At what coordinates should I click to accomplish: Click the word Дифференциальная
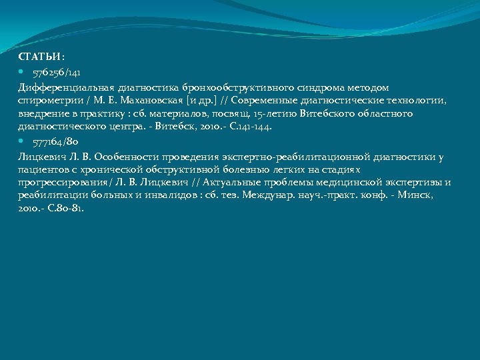click(x=65, y=87)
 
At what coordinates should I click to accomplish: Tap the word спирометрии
click(x=46, y=100)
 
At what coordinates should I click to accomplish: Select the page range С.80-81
click(x=63, y=208)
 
